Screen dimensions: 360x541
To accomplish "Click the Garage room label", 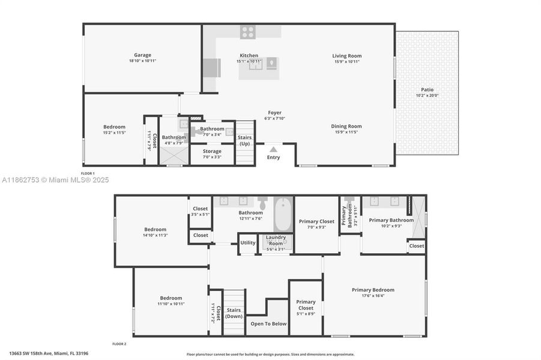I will pos(142,55).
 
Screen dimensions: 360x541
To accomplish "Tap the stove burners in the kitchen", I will pos(247,32).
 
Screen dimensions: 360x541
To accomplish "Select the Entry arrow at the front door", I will pos(273,149).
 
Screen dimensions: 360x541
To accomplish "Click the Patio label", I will pos(427,89).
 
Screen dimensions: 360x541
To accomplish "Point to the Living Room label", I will pos(346,56).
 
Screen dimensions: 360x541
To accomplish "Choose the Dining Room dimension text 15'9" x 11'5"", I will pos(346,132).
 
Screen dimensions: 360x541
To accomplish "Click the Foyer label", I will pos(274,113).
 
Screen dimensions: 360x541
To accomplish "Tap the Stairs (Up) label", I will pos(245,140).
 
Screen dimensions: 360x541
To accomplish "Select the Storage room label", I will pos(211,151).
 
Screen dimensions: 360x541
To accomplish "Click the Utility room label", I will pos(247,243).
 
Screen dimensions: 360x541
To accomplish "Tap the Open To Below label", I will pos(268,324).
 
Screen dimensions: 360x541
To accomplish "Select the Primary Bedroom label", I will pos(373,290).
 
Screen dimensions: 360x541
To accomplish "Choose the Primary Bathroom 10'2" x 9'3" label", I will pos(391,220).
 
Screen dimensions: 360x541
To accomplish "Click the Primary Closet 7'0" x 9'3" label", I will pos(316,221).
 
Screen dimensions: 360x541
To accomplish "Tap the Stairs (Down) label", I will pos(234,313).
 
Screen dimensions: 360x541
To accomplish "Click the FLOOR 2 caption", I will pos(119,344).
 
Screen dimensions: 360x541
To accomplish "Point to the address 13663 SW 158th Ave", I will pos(49,353).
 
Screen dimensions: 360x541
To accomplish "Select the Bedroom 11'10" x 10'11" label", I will pos(171,298).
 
